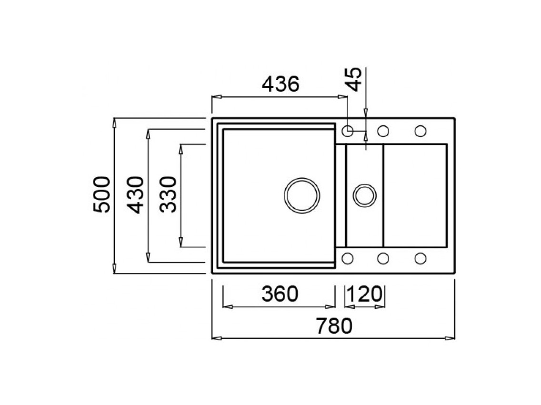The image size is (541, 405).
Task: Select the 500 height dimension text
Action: coord(102,195)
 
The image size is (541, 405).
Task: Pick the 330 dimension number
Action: coord(168,195)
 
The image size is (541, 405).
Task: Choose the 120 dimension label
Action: coord(365,294)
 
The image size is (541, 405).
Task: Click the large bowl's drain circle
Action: coord(302,195)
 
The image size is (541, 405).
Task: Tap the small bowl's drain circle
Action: coord(365,195)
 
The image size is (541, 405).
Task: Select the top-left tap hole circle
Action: coord(348,130)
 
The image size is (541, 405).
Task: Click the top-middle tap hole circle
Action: coord(383,130)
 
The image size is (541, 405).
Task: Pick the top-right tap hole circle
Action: coord(420,130)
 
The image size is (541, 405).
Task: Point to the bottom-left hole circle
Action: coord(348,258)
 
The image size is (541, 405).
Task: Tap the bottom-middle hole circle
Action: coord(383,258)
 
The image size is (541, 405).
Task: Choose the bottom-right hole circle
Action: coord(420,258)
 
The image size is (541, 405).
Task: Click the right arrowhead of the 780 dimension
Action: coord(450,338)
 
